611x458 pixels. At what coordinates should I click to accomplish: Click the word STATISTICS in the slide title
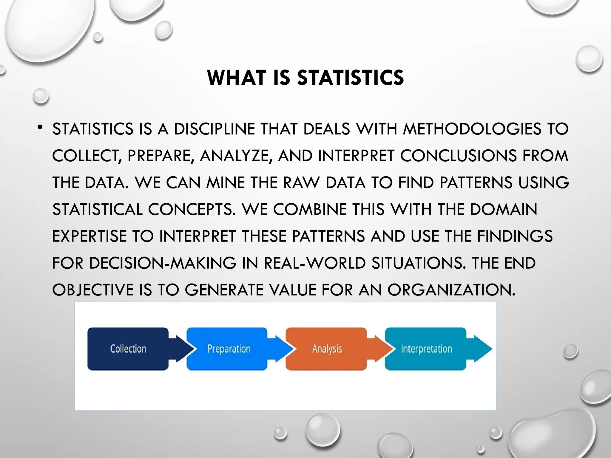(x=351, y=78)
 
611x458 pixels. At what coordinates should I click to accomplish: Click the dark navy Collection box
(x=128, y=349)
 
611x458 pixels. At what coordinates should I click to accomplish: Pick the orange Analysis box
(x=326, y=349)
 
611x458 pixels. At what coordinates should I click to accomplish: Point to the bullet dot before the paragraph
(x=40, y=128)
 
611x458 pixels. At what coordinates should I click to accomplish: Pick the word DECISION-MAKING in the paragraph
(x=163, y=263)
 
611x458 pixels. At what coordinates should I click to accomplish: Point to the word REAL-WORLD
(x=315, y=263)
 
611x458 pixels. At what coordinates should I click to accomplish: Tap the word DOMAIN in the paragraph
(x=504, y=210)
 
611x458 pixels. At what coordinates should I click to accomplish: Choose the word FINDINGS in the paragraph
(x=515, y=236)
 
